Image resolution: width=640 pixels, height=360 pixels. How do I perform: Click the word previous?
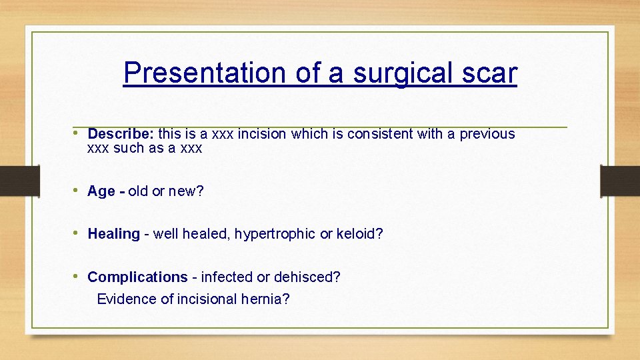pyautogui.click(x=489, y=134)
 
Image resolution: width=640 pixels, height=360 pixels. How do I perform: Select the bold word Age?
pyautogui.click(x=101, y=191)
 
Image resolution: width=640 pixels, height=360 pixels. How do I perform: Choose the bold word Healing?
pyautogui.click(x=113, y=234)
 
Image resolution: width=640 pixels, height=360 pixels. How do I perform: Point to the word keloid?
pyautogui.click(x=360, y=234)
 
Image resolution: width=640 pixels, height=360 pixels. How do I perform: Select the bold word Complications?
pyautogui.click(x=137, y=277)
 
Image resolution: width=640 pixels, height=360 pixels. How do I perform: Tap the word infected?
pyautogui.click(x=227, y=277)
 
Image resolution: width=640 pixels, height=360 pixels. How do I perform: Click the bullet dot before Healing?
pyautogui.click(x=79, y=233)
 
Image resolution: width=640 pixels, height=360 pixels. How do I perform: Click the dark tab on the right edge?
pyautogui.click(x=620, y=180)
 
